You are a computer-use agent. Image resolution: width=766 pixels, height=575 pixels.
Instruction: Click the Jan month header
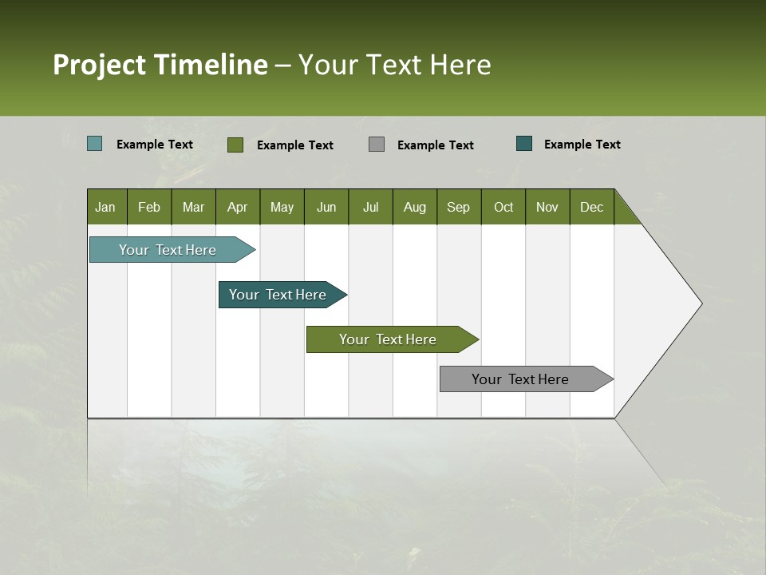coord(105,207)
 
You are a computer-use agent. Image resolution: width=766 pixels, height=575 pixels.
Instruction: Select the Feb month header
coord(149,207)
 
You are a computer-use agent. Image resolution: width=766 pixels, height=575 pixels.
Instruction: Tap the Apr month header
coord(237,207)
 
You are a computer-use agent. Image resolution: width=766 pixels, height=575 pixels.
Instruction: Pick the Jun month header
coord(326,207)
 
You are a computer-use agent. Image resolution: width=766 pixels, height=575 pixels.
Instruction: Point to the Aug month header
coord(414,207)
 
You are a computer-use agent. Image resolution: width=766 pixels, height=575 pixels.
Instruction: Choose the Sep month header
coord(458,207)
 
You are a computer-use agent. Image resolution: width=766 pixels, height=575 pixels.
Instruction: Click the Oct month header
coord(503,207)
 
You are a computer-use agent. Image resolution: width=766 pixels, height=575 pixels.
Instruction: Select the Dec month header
coord(591,207)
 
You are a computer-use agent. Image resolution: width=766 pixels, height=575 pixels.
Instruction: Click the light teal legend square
coord(95,144)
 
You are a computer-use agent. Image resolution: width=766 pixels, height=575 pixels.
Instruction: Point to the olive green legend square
coord(235,145)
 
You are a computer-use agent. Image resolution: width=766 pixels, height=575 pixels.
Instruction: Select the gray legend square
coord(377,145)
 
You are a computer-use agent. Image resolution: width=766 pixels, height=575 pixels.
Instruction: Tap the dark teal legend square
coord(524,144)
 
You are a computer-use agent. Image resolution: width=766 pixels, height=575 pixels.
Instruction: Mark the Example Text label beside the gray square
coord(435,145)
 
